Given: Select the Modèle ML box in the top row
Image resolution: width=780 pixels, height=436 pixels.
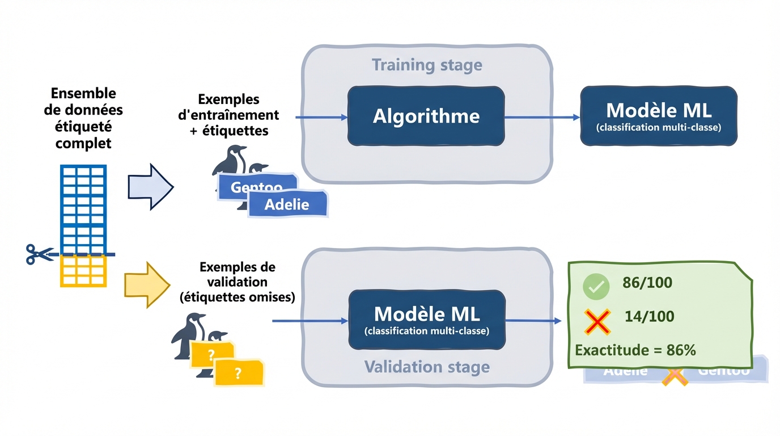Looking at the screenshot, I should tap(659, 116).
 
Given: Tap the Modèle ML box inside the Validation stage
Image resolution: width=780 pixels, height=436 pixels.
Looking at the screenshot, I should tap(426, 320).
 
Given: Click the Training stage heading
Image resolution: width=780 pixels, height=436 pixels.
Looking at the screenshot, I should tap(427, 65).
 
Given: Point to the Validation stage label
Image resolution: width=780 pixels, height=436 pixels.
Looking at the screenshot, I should tap(427, 367).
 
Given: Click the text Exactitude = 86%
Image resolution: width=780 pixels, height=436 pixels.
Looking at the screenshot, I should tap(635, 350).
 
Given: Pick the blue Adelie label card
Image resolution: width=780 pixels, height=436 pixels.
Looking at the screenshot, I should tap(288, 204).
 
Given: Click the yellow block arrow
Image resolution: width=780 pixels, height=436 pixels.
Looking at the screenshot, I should tap(146, 285).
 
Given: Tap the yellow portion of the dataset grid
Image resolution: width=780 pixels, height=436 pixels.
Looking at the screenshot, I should tap(83, 272).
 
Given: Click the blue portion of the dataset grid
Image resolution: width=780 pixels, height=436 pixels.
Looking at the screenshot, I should tap(83, 207).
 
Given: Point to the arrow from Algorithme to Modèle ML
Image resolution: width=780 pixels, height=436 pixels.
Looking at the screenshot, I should tap(541, 118).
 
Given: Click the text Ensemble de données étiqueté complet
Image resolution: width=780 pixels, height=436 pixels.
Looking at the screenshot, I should tap(83, 118).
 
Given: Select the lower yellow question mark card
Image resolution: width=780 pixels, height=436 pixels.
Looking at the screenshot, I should tap(239, 373).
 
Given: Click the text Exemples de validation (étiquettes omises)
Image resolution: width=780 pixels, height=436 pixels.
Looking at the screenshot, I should tap(237, 282).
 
